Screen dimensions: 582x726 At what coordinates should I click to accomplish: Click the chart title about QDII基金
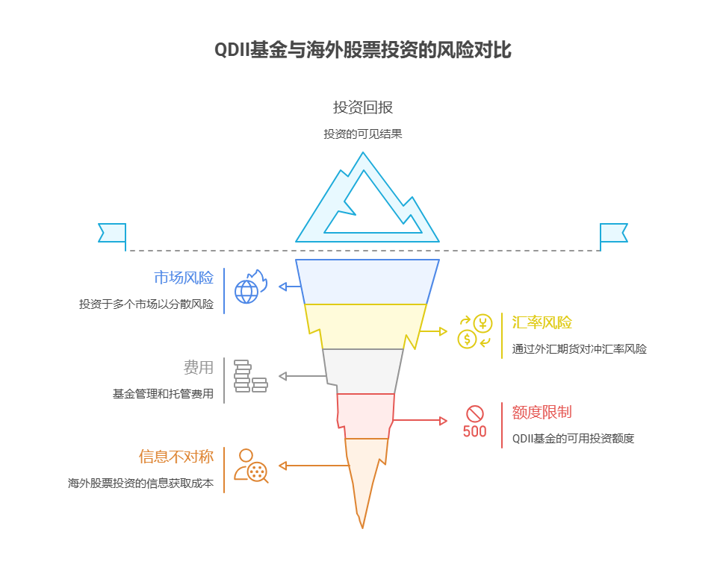(x=363, y=50)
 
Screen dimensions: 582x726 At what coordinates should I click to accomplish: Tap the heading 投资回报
(x=363, y=107)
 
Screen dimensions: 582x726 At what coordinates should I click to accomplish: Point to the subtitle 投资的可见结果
(x=363, y=134)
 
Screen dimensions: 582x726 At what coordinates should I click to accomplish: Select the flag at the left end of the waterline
(x=113, y=233)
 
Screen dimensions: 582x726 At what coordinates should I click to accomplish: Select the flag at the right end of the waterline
(x=613, y=233)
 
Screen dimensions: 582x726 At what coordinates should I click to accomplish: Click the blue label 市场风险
(x=184, y=278)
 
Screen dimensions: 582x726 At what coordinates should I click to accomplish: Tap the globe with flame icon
(x=249, y=287)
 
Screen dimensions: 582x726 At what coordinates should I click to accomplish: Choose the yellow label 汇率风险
(x=542, y=323)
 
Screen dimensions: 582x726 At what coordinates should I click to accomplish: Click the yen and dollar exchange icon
(x=475, y=332)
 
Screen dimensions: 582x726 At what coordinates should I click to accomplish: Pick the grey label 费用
(x=199, y=368)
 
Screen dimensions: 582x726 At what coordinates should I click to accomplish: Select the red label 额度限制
(x=542, y=413)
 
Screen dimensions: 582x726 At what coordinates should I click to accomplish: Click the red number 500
(x=474, y=431)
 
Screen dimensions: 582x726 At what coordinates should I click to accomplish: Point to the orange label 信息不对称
(x=176, y=457)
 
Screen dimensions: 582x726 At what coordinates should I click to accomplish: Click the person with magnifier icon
(x=251, y=465)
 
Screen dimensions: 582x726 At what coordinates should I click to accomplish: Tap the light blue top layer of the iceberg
(x=367, y=281)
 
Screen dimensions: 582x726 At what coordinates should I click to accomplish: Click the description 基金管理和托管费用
(x=163, y=394)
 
